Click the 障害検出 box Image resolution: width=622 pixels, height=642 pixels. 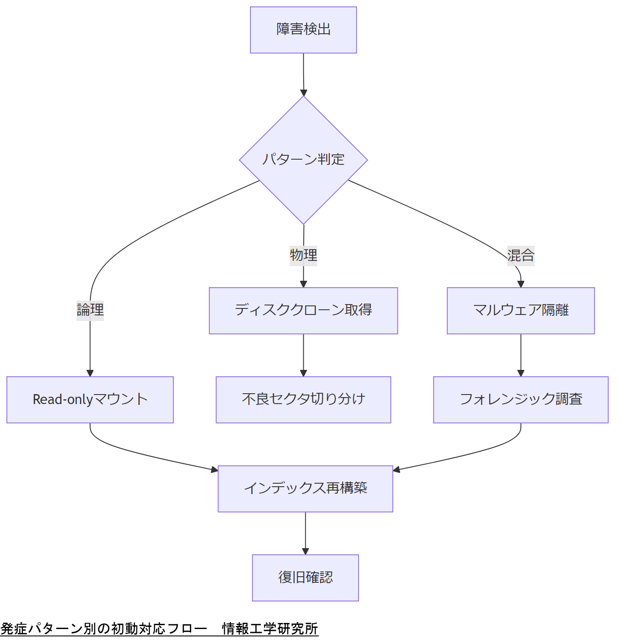303,30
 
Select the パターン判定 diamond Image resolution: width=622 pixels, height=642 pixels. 303,160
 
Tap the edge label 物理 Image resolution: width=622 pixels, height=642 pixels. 303,255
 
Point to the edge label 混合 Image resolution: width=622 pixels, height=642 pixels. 521,255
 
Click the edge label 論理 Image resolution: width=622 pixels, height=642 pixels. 90,310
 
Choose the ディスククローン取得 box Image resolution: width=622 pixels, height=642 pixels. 303,311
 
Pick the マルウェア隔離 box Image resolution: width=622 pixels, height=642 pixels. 521,311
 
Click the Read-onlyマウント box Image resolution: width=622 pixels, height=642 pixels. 90,400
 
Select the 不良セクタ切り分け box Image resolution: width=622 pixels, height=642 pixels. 303,400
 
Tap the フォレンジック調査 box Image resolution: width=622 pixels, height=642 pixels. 521,400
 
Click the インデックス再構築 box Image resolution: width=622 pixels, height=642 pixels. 305,489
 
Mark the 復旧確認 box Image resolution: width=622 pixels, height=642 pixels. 305,578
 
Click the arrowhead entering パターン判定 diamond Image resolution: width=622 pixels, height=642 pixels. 304,93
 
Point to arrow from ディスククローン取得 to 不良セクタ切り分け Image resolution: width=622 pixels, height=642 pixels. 303,355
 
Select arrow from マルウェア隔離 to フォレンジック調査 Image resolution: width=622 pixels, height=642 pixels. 521,355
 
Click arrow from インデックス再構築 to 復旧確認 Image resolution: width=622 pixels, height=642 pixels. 305,533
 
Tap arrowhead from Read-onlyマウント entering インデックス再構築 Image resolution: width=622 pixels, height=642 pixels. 215,470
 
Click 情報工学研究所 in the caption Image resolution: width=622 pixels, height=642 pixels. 270,629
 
